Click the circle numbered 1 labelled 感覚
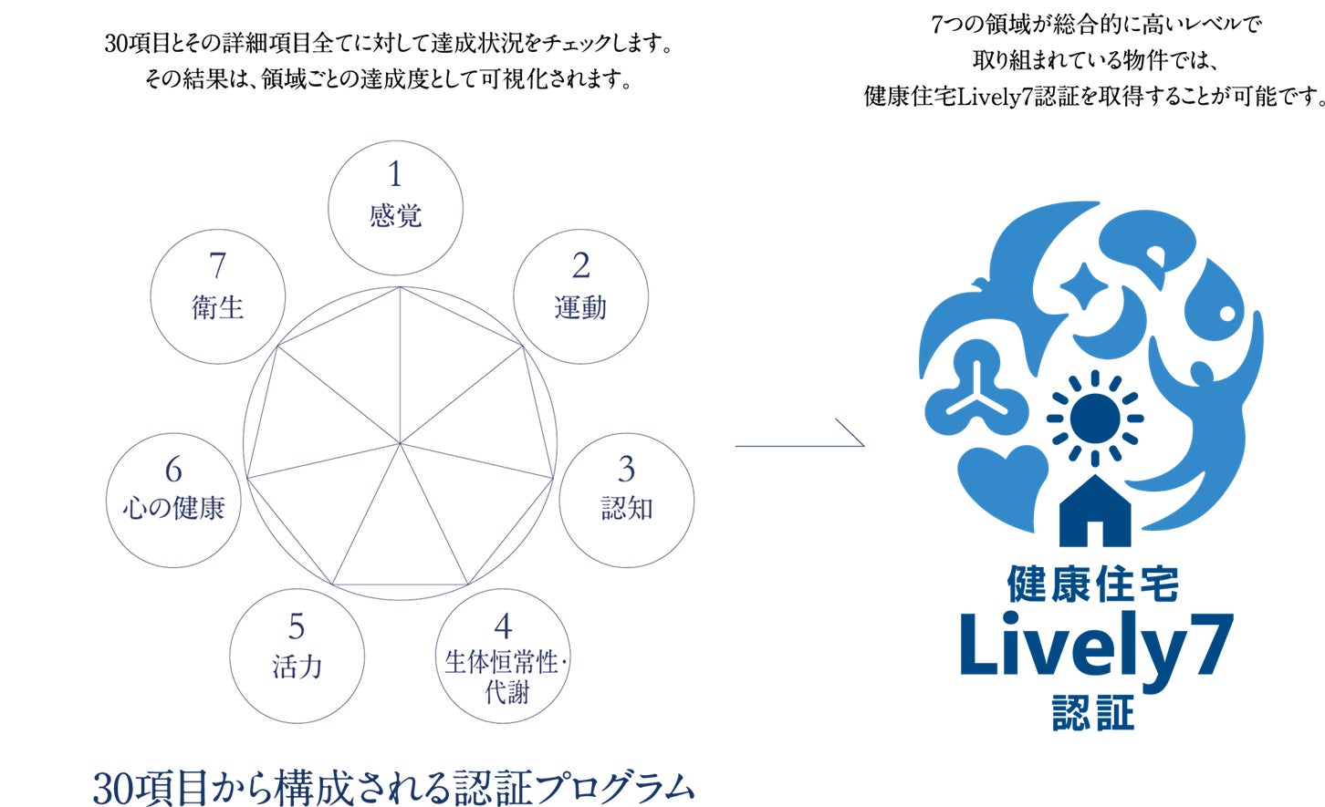[x=395, y=208]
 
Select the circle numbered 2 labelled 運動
[x=580, y=296]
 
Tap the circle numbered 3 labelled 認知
[x=626, y=500]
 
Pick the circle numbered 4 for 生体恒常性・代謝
[x=503, y=657]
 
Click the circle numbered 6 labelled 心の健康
[x=173, y=500]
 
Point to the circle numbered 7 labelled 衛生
[x=217, y=296]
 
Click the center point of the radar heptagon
[x=400, y=444]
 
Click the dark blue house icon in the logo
[x=1095, y=512]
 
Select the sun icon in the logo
[x=1094, y=417]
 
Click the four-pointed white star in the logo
[x=1083, y=286]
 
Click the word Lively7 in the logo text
[x=1095, y=646]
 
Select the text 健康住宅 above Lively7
[x=1093, y=585]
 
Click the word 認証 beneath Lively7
[x=1093, y=712]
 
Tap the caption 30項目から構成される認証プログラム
[x=394, y=787]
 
